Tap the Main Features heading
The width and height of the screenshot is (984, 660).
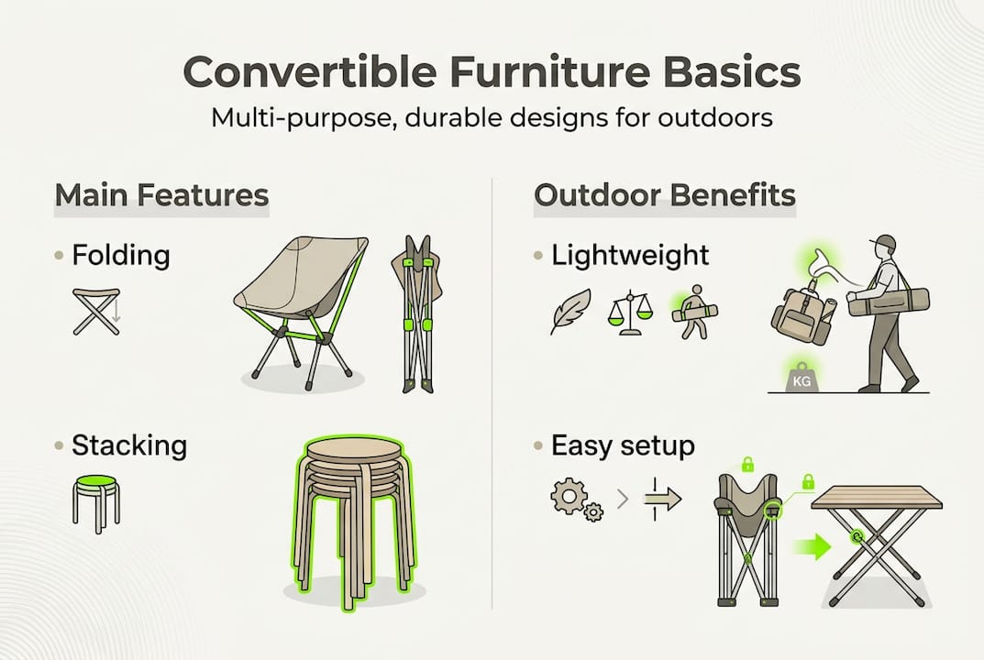pos(161,195)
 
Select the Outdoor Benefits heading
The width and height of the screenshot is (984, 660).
pos(664,195)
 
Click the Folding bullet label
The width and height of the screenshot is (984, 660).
pos(120,254)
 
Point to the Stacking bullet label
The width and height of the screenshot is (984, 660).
pos(129,446)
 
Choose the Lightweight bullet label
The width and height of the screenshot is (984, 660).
pos(630,255)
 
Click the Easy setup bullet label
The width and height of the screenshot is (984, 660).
pos(623,446)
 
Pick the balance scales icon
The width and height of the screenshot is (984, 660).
pos(629,313)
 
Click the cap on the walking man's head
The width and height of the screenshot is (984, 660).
pos(885,244)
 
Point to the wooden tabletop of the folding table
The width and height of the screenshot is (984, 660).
pos(877,498)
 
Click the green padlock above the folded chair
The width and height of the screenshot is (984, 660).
pos(747,466)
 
